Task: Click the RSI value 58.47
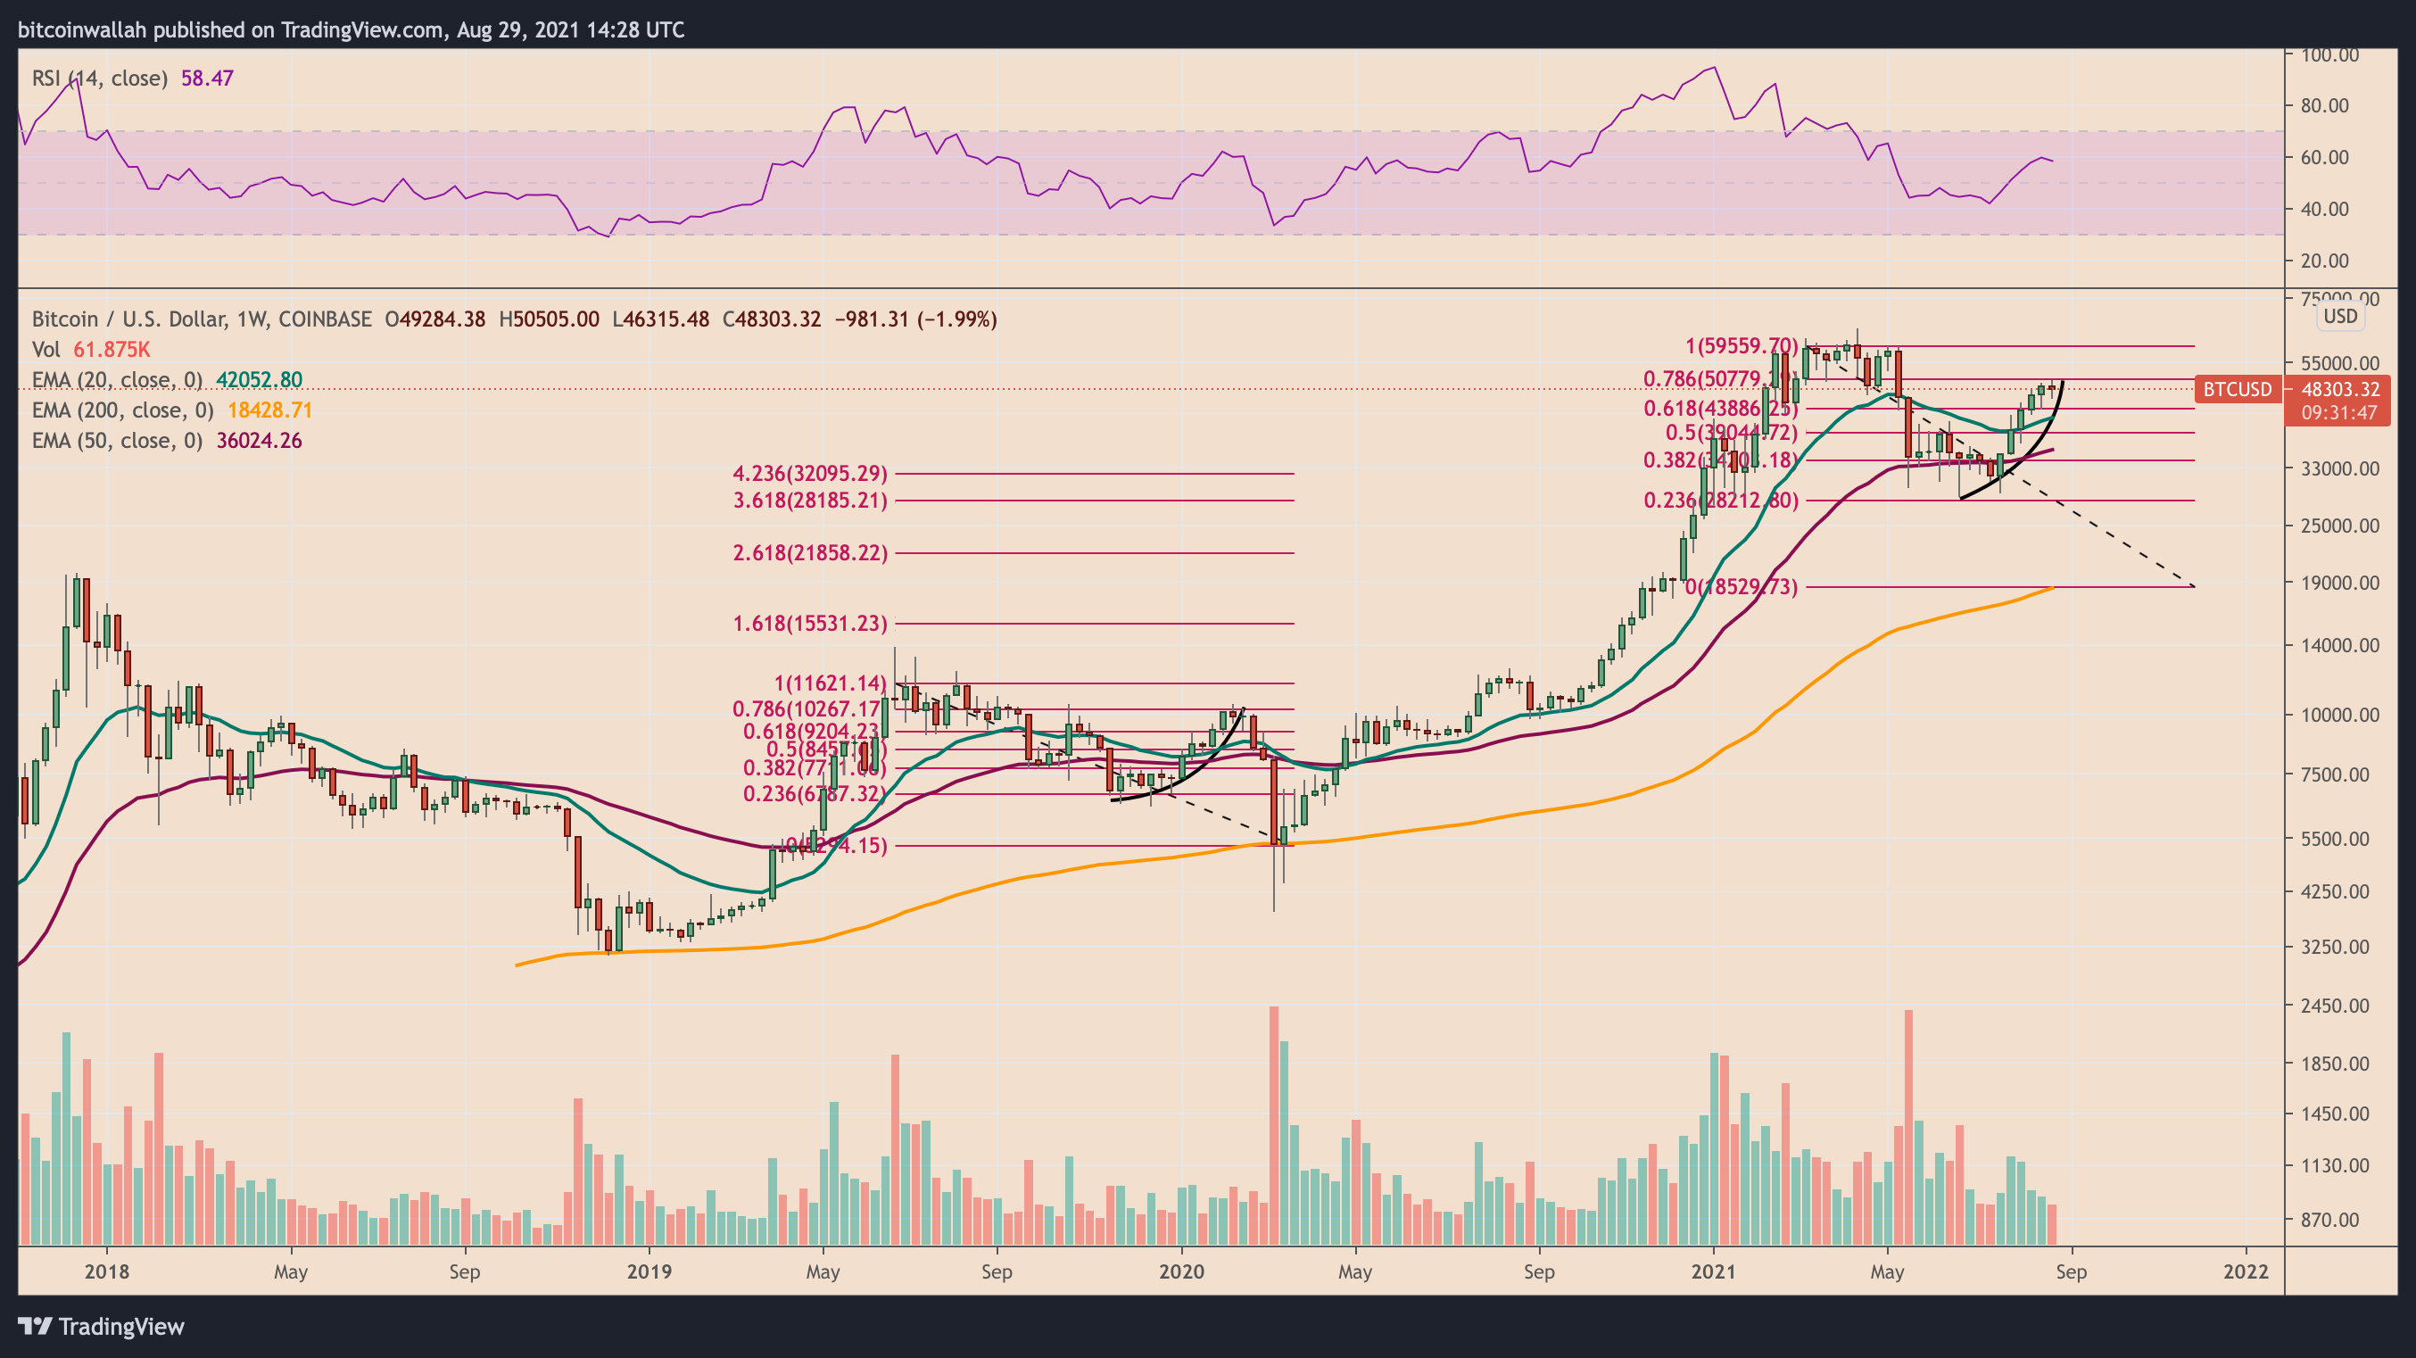pos(206,79)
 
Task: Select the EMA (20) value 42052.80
pos(259,380)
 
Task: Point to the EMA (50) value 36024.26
pos(259,441)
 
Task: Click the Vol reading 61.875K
pos(111,350)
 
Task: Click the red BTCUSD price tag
pos(2237,389)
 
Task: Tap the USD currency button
pos(2339,316)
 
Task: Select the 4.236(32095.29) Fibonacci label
pos(809,474)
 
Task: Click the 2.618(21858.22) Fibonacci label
pos(809,553)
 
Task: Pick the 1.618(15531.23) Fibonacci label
pos(809,624)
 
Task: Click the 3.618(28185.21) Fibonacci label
pos(809,501)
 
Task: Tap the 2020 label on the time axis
pos(1181,1272)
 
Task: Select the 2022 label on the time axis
pos(2246,1272)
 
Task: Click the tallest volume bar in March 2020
pos(1274,1125)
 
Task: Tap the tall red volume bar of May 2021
pos(1908,1125)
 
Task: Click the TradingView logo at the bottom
pos(102,1327)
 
